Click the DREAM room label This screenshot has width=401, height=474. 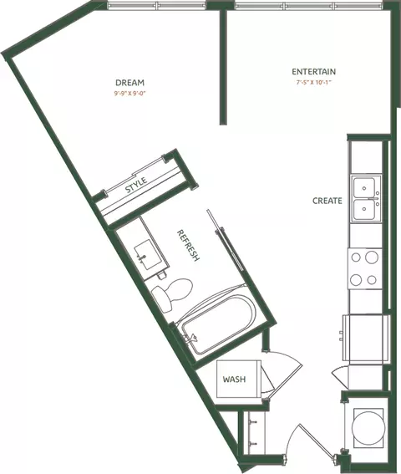click(x=129, y=83)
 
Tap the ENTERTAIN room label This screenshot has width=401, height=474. click(x=313, y=72)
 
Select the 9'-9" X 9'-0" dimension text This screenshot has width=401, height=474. click(x=130, y=94)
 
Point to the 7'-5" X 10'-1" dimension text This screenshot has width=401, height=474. click(x=314, y=82)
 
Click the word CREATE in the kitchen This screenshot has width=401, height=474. click(x=327, y=201)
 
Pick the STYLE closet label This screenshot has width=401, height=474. click(x=136, y=185)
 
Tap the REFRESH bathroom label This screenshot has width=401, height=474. click(x=188, y=245)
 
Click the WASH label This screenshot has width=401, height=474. click(x=234, y=379)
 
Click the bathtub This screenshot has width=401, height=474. click(x=219, y=324)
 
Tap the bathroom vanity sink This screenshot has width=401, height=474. click(x=148, y=254)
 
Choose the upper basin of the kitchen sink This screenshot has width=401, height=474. click(x=364, y=188)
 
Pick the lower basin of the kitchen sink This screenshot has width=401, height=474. click(x=364, y=209)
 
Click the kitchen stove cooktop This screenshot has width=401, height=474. click(x=365, y=268)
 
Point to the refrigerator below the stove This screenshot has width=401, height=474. click(x=366, y=338)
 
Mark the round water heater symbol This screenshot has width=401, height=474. click(x=368, y=428)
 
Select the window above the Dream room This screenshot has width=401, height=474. click(x=156, y=6)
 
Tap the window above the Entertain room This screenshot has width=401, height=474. click(x=309, y=6)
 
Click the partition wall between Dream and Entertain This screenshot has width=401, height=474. click(x=223, y=67)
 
